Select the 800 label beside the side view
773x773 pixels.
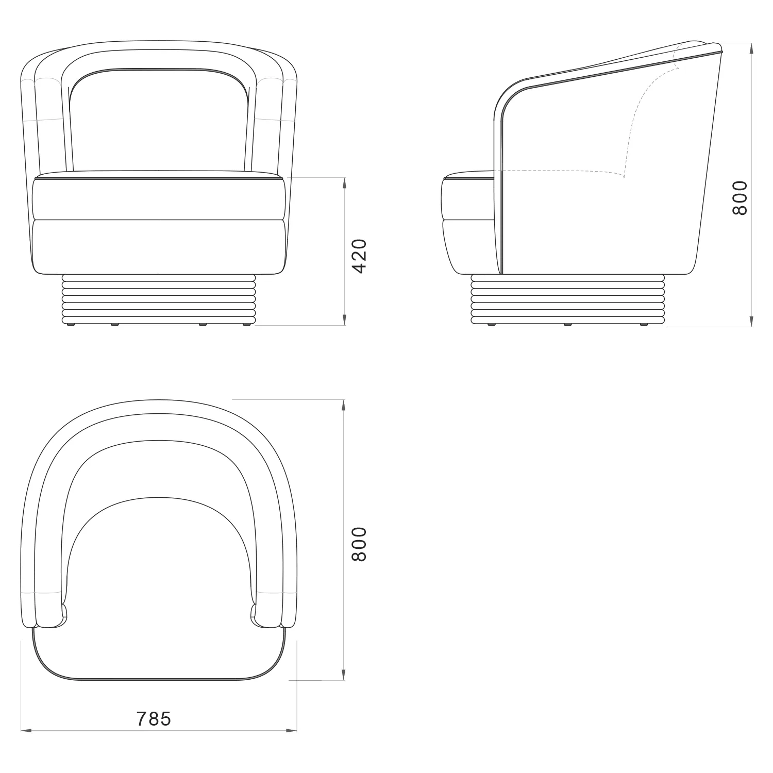pos(740,198)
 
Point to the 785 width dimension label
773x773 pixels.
pos(154,718)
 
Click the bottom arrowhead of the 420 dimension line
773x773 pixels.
pos(344,320)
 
